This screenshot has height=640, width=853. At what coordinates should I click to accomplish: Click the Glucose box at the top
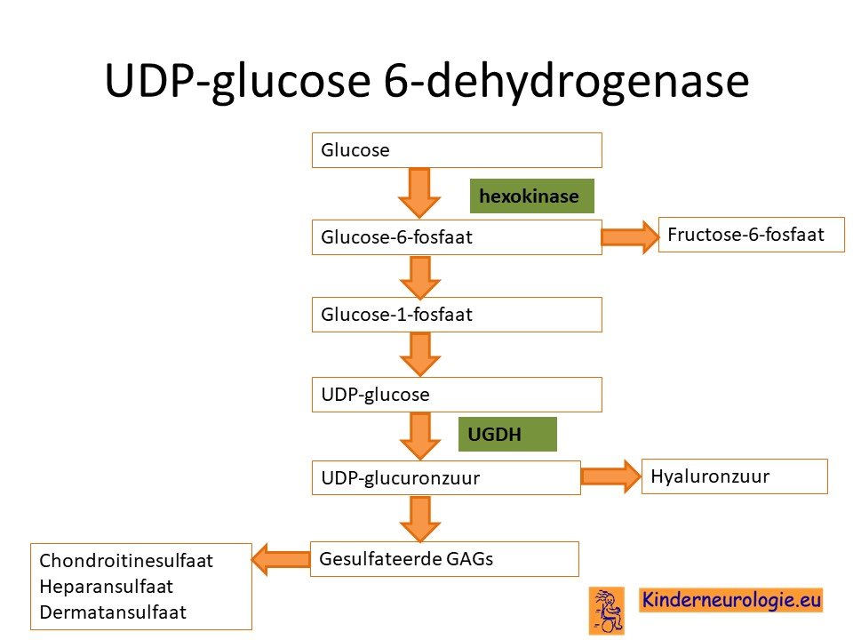(457, 150)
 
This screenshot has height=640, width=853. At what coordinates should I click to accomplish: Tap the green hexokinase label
(532, 196)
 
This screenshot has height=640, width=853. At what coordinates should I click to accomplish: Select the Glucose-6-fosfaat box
(457, 237)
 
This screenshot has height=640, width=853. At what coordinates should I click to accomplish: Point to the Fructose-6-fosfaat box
(752, 235)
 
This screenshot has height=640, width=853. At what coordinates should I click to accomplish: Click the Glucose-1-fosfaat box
(457, 315)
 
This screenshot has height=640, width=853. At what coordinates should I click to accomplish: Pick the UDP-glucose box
(457, 395)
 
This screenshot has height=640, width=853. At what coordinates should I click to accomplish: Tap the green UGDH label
(507, 435)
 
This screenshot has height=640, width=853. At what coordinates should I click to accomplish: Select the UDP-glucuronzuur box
(446, 478)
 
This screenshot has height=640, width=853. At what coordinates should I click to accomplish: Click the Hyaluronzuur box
(735, 476)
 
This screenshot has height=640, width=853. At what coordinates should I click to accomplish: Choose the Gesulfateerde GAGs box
(444, 559)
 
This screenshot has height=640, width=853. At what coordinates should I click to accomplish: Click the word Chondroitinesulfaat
(126, 561)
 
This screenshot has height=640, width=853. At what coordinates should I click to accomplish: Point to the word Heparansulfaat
(106, 587)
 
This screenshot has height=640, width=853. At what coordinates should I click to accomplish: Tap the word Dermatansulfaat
(113, 612)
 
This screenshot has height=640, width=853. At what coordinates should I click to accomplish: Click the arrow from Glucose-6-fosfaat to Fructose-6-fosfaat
(630, 236)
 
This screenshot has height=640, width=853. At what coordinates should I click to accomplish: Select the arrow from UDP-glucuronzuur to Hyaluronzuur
(611, 476)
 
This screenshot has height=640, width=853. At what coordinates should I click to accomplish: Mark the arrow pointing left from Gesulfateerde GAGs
(281, 559)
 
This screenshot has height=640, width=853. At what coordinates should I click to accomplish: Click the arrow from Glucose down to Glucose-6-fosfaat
(419, 193)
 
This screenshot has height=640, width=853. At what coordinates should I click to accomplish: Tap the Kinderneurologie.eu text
(731, 600)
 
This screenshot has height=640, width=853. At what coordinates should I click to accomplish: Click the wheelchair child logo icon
(607, 611)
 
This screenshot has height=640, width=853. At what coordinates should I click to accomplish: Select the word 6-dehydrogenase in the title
(566, 81)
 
